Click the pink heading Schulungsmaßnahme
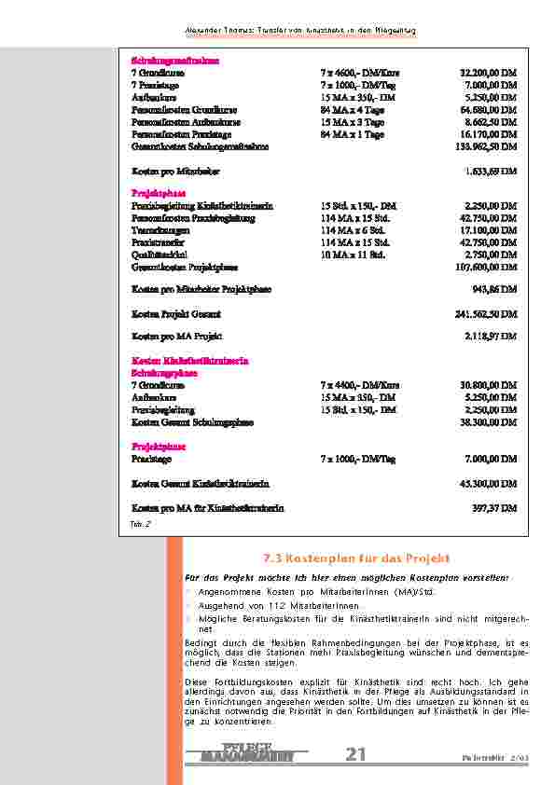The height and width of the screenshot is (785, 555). pos(167,59)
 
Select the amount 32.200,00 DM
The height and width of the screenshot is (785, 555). pos(488,71)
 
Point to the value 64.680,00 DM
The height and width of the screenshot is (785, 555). pos(488,109)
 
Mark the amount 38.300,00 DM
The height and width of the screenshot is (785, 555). pos(488,421)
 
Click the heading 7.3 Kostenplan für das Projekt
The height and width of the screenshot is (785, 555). pos(356,558)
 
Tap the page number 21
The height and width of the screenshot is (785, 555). pos(355,753)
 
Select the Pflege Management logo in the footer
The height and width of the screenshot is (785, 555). pos(248,753)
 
